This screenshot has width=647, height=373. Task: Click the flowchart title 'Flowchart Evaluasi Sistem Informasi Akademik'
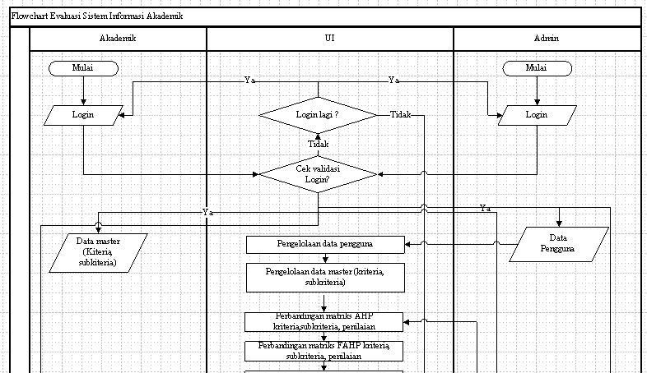click(97, 16)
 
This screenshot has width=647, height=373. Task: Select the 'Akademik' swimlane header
click(117, 38)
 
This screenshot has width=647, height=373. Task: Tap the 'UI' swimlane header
click(329, 38)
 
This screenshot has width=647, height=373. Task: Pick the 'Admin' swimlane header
click(546, 38)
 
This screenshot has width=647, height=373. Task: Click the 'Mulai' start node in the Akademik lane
click(82, 68)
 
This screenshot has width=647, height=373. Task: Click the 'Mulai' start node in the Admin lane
click(536, 68)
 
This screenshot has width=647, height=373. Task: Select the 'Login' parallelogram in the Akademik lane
click(83, 115)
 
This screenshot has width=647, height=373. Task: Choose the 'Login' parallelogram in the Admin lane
click(536, 115)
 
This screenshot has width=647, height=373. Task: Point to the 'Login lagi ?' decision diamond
click(318, 115)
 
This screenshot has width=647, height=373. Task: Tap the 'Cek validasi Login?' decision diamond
click(318, 173)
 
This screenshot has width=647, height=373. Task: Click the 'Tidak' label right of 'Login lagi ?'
click(400, 115)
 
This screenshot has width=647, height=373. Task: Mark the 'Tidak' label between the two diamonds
click(318, 144)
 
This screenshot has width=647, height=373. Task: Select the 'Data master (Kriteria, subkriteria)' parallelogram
click(98, 252)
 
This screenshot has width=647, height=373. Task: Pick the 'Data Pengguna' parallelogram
click(559, 243)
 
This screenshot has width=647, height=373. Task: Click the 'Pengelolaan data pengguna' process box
click(326, 244)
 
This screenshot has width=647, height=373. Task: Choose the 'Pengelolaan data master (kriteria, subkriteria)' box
click(326, 277)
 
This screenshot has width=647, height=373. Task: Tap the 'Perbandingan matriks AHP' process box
click(326, 321)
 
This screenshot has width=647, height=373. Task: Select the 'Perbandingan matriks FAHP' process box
click(326, 351)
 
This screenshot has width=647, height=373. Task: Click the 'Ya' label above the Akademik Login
click(249, 81)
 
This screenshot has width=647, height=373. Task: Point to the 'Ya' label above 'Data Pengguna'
click(486, 209)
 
